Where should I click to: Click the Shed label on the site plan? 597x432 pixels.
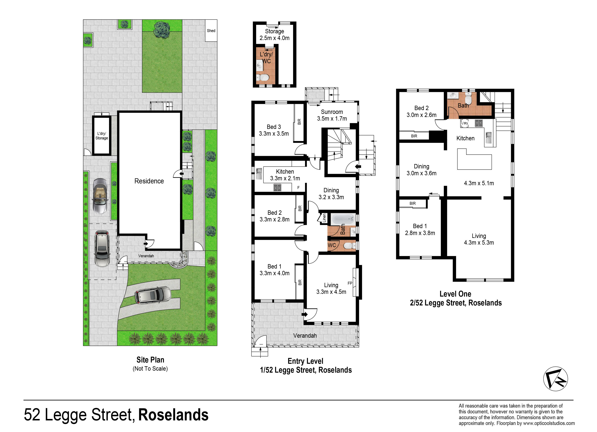click(211, 31)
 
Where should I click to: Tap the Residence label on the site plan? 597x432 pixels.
click(149, 181)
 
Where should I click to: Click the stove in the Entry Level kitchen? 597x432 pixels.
click(277, 188)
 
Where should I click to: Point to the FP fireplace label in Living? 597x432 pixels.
click(350, 283)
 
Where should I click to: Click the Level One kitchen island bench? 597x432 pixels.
click(474, 159)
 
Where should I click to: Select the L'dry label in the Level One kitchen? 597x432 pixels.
click(465, 123)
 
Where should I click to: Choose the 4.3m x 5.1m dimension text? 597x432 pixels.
click(479, 183)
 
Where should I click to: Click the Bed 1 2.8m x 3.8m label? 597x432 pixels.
click(420, 229)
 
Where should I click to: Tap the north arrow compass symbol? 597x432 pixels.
click(555, 379)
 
